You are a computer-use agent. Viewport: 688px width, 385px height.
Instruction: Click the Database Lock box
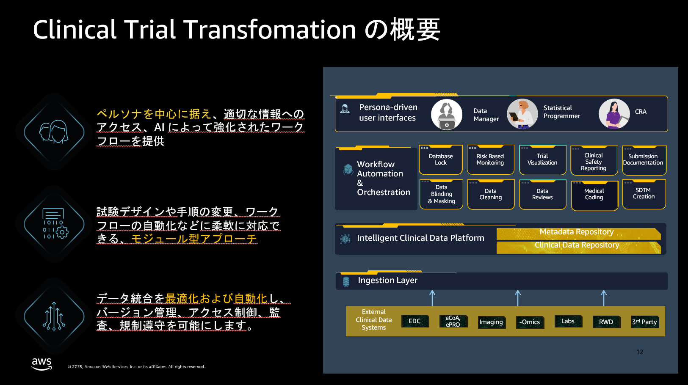coord(440,159)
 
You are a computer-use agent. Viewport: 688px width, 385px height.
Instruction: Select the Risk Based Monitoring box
coord(491,159)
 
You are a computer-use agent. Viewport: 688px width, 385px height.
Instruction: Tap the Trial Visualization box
coord(542,159)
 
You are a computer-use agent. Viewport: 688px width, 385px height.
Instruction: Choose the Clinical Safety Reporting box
coord(594,161)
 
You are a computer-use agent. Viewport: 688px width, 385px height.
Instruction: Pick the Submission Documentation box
coord(644,160)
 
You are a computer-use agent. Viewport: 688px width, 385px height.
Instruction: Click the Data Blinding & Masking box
coord(441,194)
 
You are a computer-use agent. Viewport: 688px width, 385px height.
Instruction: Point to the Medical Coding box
coord(594,195)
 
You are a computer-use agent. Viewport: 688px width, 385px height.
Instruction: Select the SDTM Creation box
coord(644,194)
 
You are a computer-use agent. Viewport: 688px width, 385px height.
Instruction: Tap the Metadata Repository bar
coord(578,234)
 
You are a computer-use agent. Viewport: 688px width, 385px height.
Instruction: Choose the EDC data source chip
coord(415,321)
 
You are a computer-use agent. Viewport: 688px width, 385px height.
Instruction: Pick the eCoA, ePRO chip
coord(453,321)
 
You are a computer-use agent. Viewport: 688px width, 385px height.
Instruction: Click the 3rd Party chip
coord(645,322)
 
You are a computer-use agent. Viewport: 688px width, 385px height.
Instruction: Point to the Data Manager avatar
coord(447,114)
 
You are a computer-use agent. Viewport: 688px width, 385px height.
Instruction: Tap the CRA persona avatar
coord(614,114)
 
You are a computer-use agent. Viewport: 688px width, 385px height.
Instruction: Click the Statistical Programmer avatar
coord(522,114)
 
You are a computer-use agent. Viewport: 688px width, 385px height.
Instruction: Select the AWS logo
coord(42,364)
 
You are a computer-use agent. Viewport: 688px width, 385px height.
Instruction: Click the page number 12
coord(639,352)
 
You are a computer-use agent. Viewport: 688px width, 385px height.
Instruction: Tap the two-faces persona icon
coord(54,132)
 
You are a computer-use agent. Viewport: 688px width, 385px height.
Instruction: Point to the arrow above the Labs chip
coord(604,298)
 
